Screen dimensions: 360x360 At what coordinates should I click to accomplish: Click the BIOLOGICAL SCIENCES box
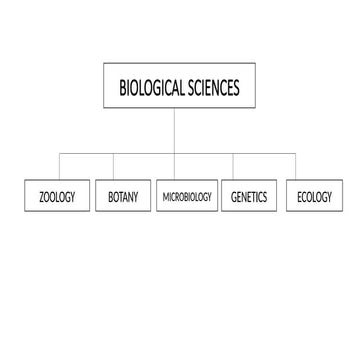[x=179, y=88]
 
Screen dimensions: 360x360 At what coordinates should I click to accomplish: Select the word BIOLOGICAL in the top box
[x=152, y=88]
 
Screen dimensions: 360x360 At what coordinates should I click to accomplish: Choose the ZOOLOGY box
[x=57, y=197]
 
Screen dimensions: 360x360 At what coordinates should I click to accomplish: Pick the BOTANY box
[x=123, y=197]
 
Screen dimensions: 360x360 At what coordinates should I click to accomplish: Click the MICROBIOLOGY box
[x=187, y=197]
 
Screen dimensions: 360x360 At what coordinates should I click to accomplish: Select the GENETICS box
[x=249, y=197]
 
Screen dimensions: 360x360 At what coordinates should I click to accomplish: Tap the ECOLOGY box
[x=314, y=197]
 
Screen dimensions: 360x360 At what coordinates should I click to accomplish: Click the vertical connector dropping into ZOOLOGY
[x=60, y=167]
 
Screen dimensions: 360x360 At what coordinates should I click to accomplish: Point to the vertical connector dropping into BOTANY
[x=113, y=167]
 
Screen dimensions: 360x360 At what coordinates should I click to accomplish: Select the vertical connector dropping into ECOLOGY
[x=296, y=167]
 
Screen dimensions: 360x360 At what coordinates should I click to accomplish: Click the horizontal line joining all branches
[x=145, y=153]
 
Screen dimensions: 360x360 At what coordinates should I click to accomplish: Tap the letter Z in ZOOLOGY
[x=41, y=197]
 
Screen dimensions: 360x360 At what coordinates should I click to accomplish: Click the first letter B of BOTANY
[x=110, y=197]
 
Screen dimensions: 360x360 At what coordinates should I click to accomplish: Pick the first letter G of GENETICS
[x=234, y=197]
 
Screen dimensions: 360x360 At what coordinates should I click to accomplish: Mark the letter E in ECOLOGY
[x=299, y=197]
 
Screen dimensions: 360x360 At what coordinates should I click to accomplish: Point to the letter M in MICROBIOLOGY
[x=165, y=197]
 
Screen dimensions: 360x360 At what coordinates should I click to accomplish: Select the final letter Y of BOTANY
[x=136, y=197]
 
